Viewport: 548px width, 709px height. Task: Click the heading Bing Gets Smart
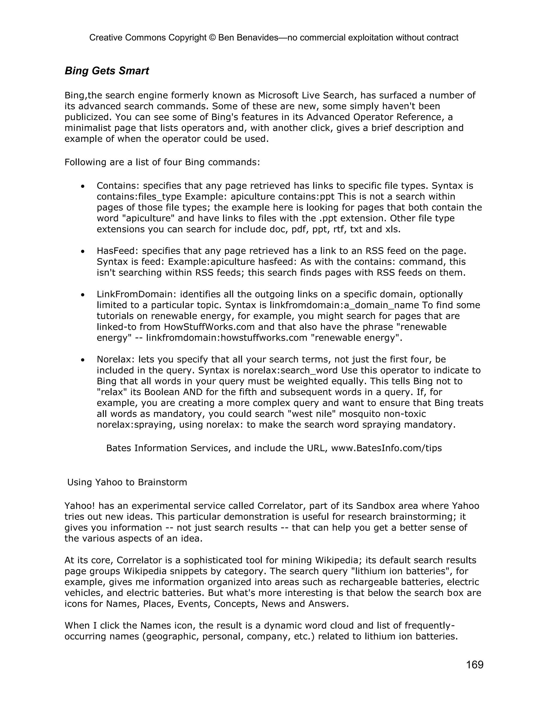(x=106, y=71)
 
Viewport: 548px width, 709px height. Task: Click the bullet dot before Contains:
(x=83, y=186)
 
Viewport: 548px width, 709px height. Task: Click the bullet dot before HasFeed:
(x=83, y=251)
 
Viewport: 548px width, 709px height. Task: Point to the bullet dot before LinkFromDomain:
(x=83, y=295)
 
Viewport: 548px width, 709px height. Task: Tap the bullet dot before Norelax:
(x=83, y=360)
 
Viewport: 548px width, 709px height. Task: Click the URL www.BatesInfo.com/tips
(x=386, y=448)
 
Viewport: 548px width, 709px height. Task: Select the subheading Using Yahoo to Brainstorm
(x=127, y=482)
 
